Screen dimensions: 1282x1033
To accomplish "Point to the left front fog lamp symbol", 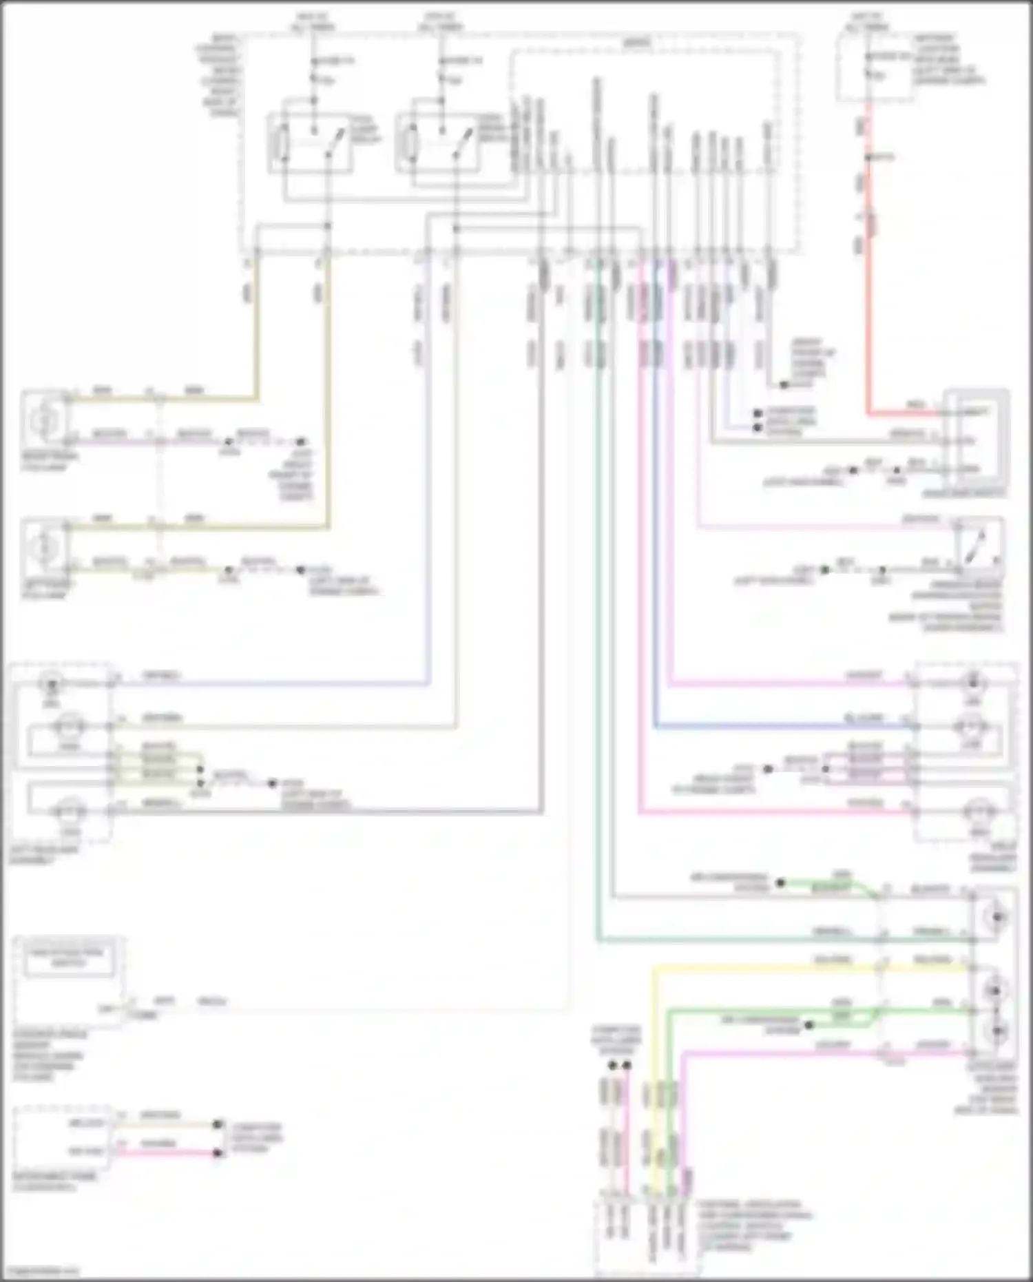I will [45, 547].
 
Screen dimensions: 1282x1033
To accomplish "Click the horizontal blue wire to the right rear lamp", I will [778, 726].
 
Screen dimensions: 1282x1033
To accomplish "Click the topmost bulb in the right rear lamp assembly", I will [972, 683].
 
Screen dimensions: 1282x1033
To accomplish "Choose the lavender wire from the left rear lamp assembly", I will [275, 683].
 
